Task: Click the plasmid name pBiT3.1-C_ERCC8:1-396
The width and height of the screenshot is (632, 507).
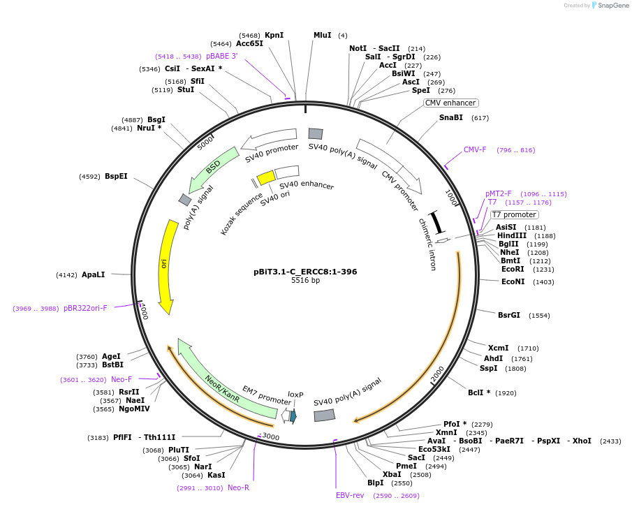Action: [x=305, y=272]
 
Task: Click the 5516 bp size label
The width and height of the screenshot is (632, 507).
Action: [x=305, y=281]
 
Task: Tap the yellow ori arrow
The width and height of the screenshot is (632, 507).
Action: [x=166, y=265]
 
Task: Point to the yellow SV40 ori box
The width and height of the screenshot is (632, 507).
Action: [x=266, y=177]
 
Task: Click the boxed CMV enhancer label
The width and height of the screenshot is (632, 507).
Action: [x=450, y=103]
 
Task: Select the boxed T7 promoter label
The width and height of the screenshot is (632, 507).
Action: [x=514, y=215]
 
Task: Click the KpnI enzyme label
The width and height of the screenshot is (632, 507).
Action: [x=274, y=35]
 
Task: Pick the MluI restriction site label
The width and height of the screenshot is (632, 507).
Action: [x=322, y=35]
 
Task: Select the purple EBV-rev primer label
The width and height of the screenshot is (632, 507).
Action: [x=350, y=495]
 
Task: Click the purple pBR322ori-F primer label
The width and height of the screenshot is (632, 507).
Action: [x=85, y=308]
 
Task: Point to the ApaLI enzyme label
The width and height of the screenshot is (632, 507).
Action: [x=93, y=274]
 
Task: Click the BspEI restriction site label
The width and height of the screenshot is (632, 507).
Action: [x=116, y=177]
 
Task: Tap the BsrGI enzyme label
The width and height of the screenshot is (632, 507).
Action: [x=508, y=315]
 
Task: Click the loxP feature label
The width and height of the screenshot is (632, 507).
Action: [x=295, y=395]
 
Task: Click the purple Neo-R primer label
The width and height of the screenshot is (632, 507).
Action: [x=238, y=487]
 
